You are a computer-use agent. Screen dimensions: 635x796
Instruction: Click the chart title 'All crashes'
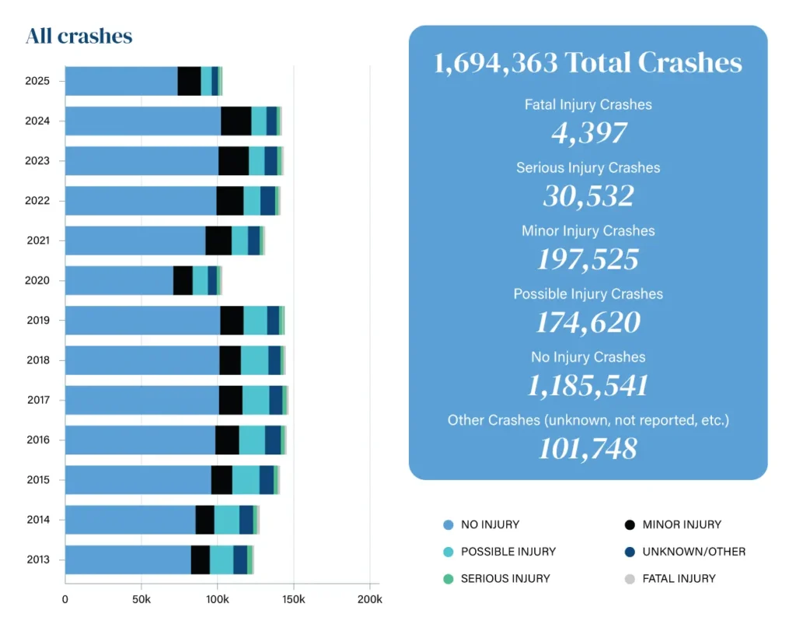(x=79, y=37)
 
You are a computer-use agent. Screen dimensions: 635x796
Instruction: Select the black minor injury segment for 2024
(x=236, y=121)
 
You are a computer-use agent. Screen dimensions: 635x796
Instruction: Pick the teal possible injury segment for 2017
(x=256, y=400)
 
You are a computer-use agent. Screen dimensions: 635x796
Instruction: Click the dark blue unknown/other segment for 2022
(x=267, y=201)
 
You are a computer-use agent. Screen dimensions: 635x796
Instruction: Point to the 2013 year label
(x=38, y=560)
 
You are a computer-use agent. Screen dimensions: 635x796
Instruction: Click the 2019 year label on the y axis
(x=38, y=320)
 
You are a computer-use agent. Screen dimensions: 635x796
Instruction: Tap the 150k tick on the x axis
(x=293, y=600)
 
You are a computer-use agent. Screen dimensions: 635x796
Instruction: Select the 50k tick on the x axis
(x=141, y=600)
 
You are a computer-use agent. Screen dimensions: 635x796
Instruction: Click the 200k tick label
(x=369, y=600)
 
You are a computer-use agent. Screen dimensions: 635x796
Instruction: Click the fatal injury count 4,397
(x=588, y=133)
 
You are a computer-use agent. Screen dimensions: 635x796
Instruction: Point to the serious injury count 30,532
(x=588, y=196)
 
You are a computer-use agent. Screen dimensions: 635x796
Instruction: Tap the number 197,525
(x=588, y=259)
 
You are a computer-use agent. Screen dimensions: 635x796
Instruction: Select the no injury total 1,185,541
(x=588, y=385)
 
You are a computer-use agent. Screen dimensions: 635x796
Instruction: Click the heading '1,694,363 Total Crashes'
(x=588, y=63)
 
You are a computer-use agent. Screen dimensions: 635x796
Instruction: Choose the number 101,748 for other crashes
(x=588, y=448)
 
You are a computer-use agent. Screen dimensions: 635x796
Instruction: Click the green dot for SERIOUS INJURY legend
(x=447, y=579)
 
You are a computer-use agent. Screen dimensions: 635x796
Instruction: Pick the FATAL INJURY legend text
(x=679, y=579)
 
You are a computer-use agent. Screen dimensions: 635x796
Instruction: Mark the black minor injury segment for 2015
(x=222, y=480)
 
